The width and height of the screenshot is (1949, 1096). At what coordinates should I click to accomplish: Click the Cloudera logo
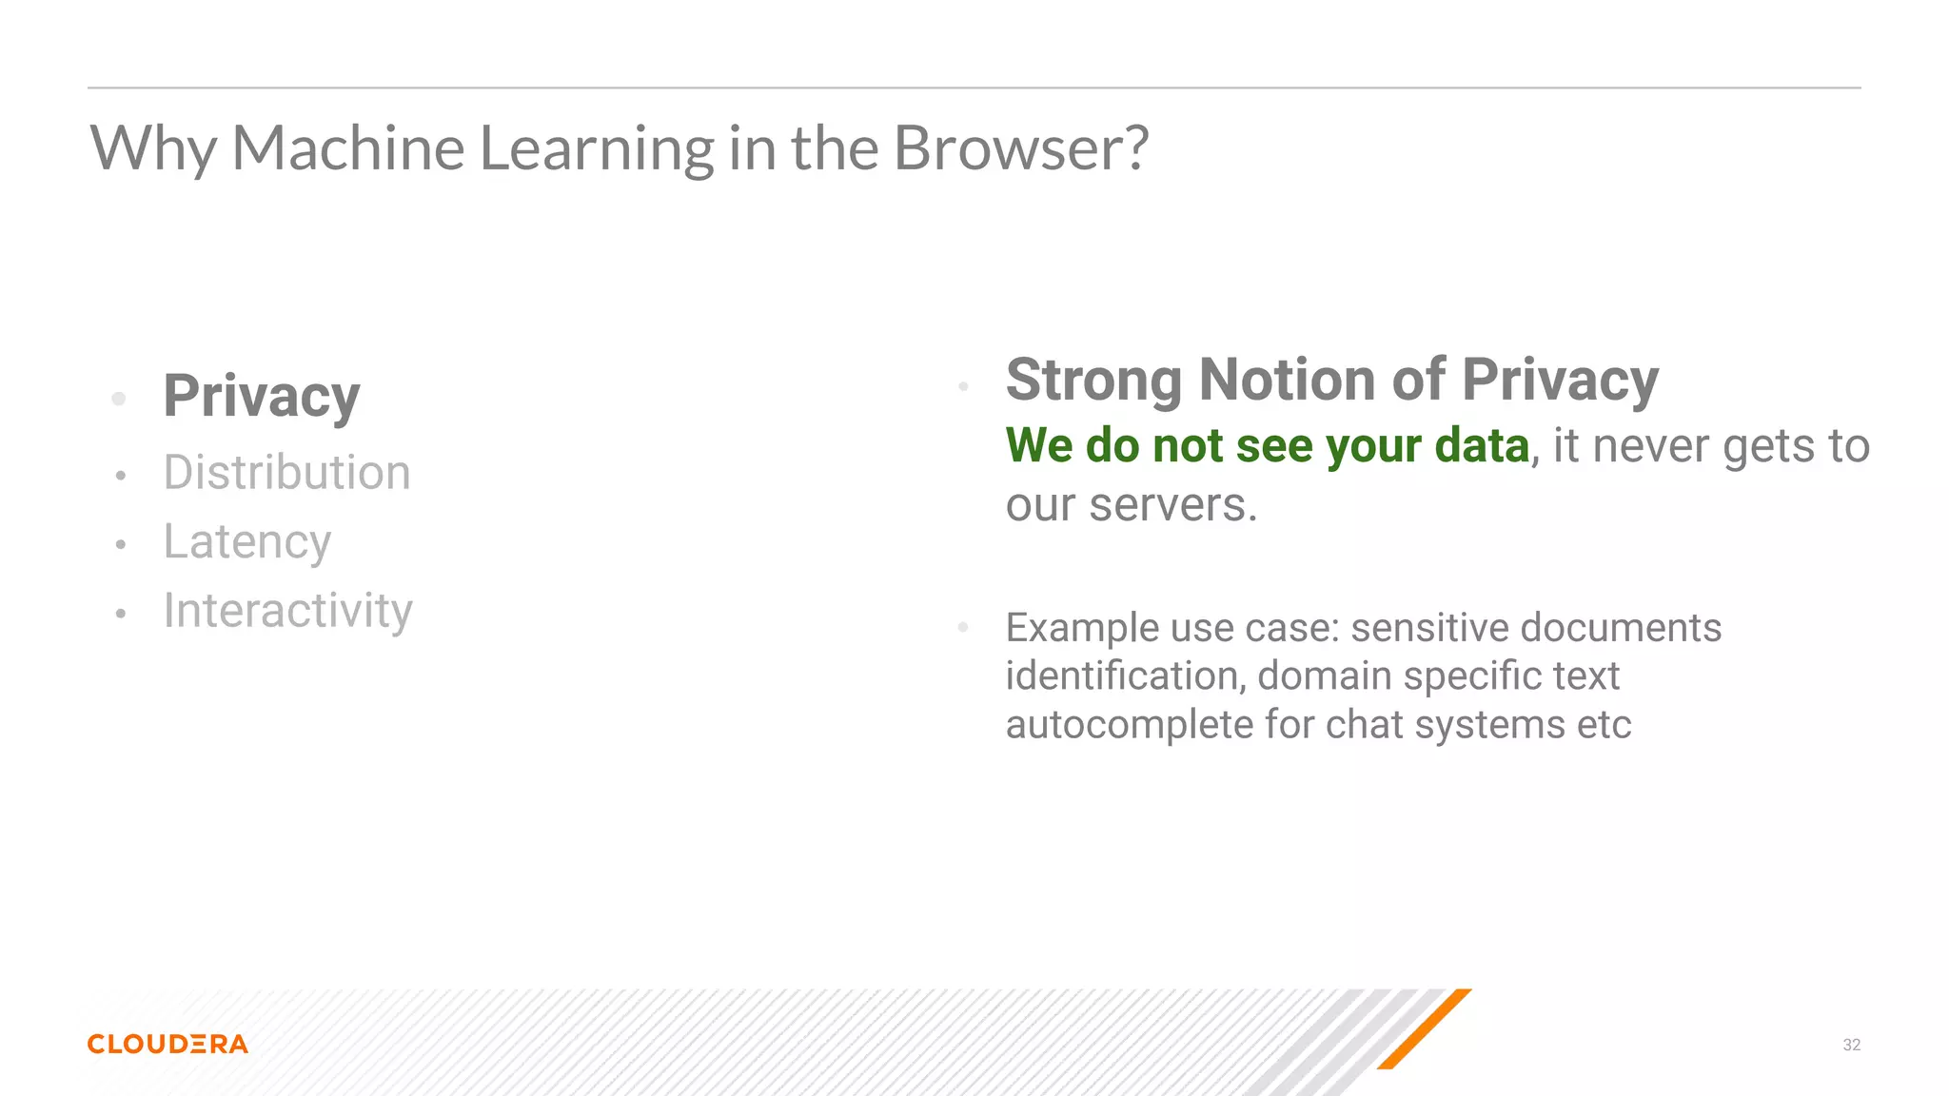pyautogui.click(x=167, y=1044)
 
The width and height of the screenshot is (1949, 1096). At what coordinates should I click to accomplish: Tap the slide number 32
pyautogui.click(x=1851, y=1045)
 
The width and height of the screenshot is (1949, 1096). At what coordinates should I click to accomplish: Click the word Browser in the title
pyautogui.click(x=1020, y=148)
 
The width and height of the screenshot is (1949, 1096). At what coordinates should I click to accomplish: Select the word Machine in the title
pyautogui.click(x=348, y=148)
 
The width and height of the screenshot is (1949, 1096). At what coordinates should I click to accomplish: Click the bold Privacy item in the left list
pyautogui.click(x=262, y=396)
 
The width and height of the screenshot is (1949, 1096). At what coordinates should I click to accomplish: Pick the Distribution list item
pyautogui.click(x=286, y=473)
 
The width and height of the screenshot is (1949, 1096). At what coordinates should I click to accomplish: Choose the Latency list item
pyautogui.click(x=247, y=542)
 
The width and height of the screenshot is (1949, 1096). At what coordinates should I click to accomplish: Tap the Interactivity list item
pyautogui.click(x=287, y=611)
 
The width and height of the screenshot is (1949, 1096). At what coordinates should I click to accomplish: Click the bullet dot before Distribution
pyautogui.click(x=121, y=476)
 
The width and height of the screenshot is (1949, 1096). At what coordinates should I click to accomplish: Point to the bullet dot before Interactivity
pyautogui.click(x=121, y=614)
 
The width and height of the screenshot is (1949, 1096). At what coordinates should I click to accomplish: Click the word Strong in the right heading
pyautogui.click(x=1093, y=381)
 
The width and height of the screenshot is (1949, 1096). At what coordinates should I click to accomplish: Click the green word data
pyautogui.click(x=1481, y=445)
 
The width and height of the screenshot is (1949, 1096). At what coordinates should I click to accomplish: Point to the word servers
pyautogui.click(x=1172, y=505)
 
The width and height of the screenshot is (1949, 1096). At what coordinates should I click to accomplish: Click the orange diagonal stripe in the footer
pyautogui.click(x=1424, y=1029)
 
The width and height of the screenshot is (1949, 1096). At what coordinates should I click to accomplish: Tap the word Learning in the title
pyautogui.click(x=597, y=148)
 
